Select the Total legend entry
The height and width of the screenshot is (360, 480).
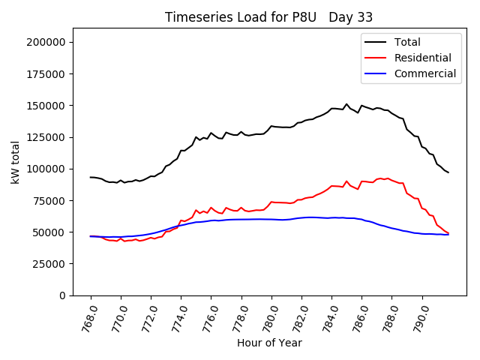pos(407,42)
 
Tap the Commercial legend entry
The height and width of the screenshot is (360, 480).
pos(424,73)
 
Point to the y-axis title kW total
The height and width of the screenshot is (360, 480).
pos(15,162)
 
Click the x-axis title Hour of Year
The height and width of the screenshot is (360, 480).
pos(269,343)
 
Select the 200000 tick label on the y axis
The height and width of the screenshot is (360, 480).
pos(46,42)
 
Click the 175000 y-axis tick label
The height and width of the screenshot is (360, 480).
pos(46,73)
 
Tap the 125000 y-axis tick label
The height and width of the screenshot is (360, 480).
pos(46,137)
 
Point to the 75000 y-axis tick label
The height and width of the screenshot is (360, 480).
pos(49,200)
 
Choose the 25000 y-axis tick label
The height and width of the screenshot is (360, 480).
pos(49,264)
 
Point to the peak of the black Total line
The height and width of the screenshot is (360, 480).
pos(346,104)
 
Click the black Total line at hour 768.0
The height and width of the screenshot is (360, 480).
pos(91,177)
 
